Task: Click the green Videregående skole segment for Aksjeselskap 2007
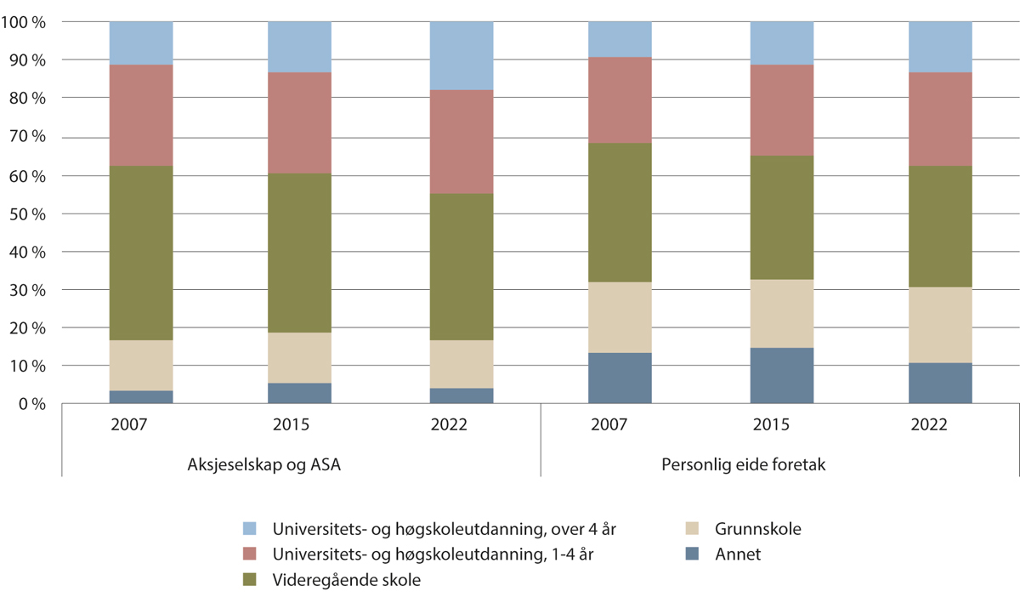pos(141,253)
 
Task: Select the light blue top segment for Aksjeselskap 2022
pos(461,55)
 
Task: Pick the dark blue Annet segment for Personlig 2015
pos(781,375)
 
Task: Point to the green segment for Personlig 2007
pos(620,213)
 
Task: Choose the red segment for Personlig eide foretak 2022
pos(940,119)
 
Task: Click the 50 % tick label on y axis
pos(28,213)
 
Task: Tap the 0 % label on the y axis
pos(31,405)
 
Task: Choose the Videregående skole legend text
pos(346,580)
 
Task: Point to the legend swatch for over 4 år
pos(250,529)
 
